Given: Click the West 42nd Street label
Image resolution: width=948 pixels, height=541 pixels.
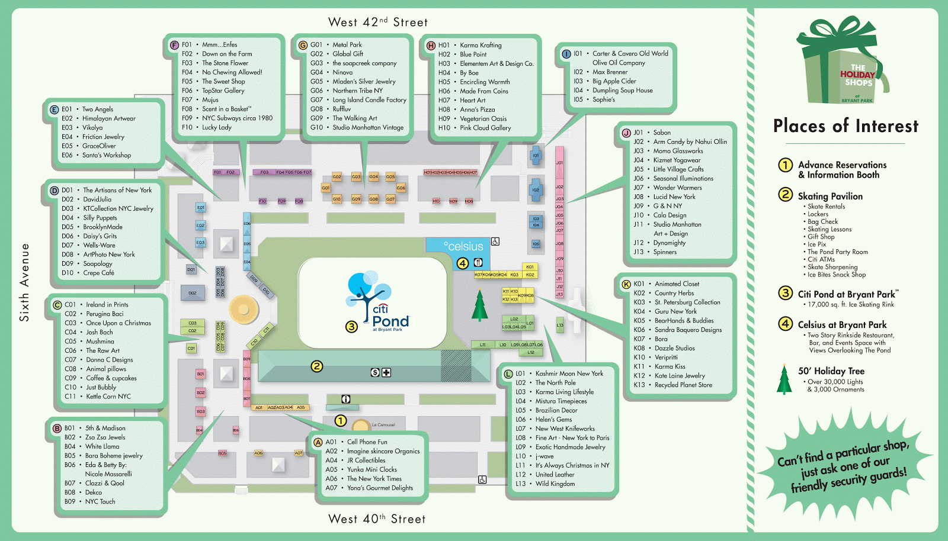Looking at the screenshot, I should tap(377, 22).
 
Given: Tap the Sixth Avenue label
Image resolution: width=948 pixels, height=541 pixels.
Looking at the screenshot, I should tap(24, 282).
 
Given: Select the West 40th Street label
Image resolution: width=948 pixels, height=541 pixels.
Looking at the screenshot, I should tap(377, 519).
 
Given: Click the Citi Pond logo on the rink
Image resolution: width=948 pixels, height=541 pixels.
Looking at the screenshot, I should tap(377, 302).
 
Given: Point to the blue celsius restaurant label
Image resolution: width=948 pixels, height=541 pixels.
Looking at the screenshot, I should tap(463, 246).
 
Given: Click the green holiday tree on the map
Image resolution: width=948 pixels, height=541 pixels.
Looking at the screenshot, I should tap(479, 305).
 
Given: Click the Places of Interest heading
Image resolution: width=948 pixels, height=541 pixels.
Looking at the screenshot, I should tap(845, 126).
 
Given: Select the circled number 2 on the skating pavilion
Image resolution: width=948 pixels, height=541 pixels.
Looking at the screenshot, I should tap(317, 366).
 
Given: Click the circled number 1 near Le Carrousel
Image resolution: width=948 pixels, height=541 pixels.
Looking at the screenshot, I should tap(341, 420).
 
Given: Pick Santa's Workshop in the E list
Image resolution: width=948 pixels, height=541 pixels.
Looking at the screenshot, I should tap(107, 155).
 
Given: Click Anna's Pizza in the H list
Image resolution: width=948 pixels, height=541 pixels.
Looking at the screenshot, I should tap(477, 110).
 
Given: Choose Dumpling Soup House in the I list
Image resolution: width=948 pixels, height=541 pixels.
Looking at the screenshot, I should tap(622, 91).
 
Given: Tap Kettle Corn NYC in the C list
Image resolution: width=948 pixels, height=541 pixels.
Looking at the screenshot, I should tap(108, 397).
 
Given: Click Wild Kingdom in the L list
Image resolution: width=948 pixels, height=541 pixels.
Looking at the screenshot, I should tap(555, 484).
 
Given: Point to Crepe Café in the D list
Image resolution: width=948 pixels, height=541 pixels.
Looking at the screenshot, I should tap(98, 273).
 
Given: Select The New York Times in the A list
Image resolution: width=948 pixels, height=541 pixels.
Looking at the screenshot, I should tap(374, 479).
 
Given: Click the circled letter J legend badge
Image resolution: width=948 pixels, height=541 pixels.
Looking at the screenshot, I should tap(626, 133).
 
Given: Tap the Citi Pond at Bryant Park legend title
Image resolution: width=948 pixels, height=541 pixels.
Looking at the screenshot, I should tap(847, 294).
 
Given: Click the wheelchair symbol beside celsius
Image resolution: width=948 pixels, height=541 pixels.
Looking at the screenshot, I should tap(495, 241).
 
